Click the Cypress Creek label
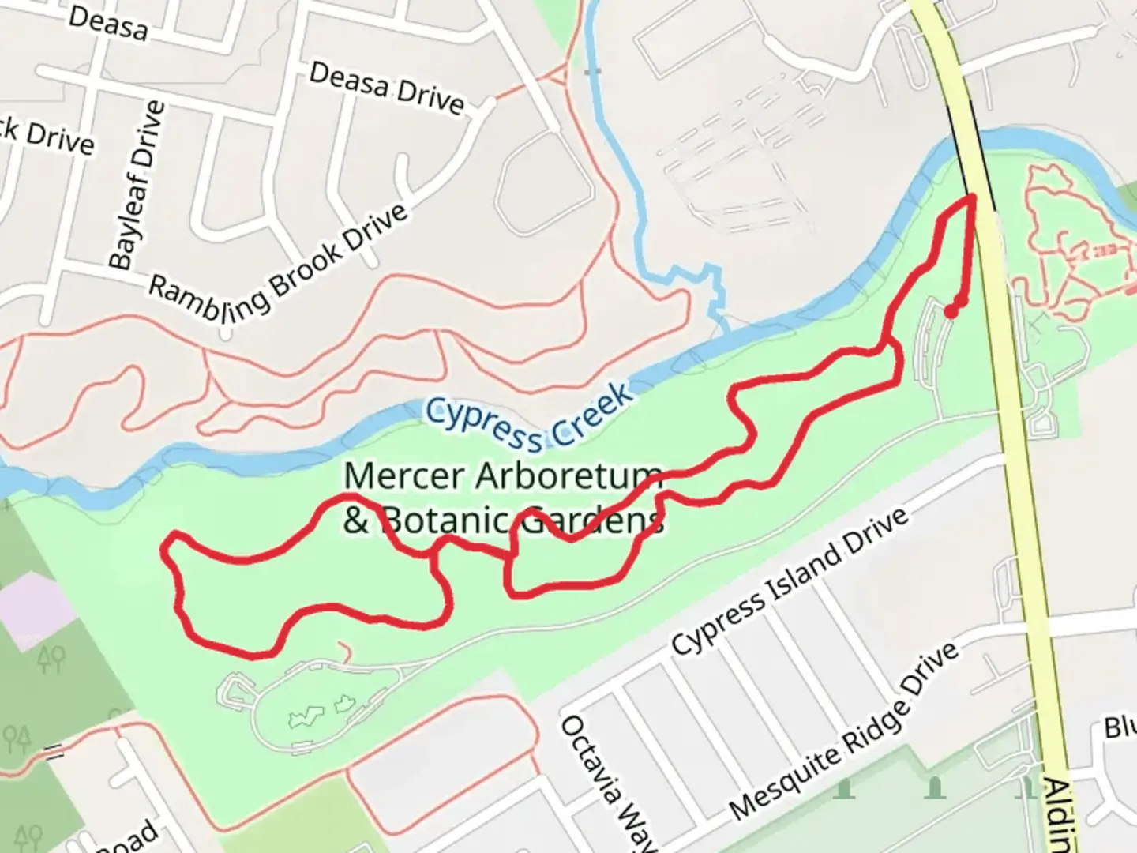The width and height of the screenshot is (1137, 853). [x=529, y=416]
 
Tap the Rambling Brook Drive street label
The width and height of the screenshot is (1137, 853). [x=278, y=261]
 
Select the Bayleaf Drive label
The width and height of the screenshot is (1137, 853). [x=137, y=185]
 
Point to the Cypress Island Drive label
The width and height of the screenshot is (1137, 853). [x=790, y=583]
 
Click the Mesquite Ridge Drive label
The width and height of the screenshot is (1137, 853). [x=843, y=731]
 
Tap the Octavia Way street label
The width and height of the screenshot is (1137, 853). [x=608, y=782]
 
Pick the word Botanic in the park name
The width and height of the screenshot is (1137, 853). [x=447, y=521]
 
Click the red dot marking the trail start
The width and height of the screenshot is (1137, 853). [x=951, y=311]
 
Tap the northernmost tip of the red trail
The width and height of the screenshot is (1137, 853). [x=971, y=197]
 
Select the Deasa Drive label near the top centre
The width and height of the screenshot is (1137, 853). [x=386, y=87]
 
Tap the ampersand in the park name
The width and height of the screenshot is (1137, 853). [x=356, y=521]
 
